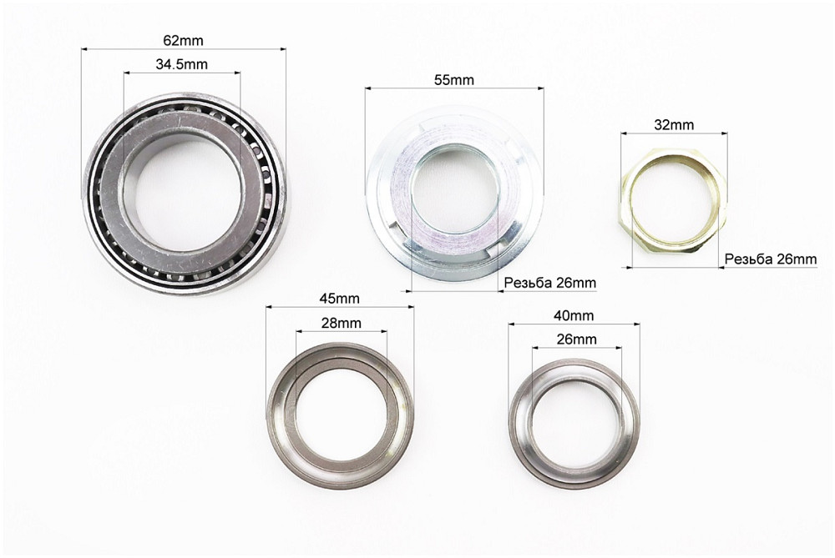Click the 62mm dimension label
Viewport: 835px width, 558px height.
[x=183, y=40]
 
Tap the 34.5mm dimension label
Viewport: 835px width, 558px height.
[x=181, y=64]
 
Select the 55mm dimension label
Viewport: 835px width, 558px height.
[x=453, y=80]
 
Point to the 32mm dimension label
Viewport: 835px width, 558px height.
[x=674, y=125]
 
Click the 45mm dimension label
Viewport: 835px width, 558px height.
[x=339, y=299]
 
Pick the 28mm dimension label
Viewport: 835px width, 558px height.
[x=342, y=323]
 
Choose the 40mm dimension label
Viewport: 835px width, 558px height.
[x=574, y=315]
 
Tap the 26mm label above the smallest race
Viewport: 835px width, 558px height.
[x=577, y=339]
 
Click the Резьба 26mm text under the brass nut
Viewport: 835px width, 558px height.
[x=771, y=259]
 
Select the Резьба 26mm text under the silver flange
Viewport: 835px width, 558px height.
[x=550, y=283]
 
